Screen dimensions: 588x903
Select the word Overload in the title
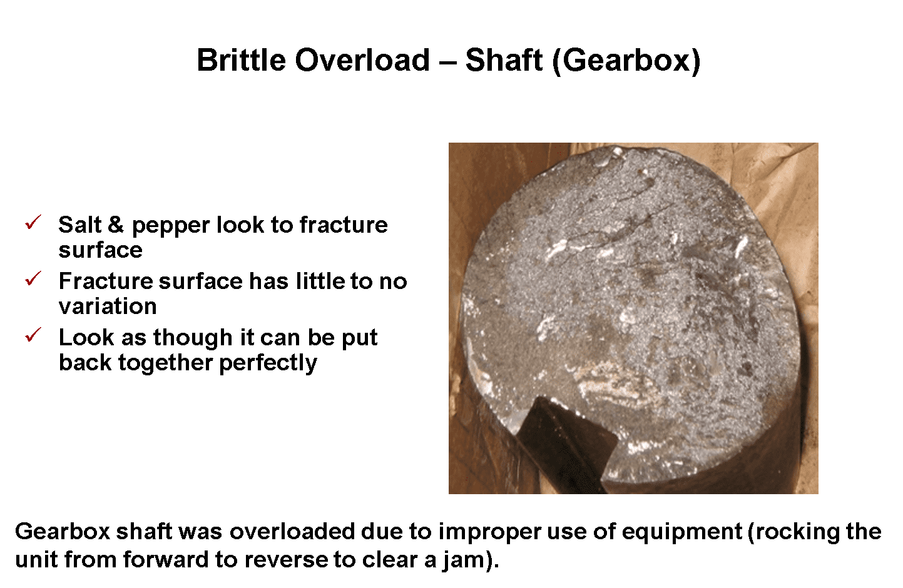point(362,61)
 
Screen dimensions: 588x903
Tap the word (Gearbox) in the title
point(626,61)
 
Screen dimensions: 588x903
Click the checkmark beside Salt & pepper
point(33,222)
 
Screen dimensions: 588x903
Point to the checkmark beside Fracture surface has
point(33,278)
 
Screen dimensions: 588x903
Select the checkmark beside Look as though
point(33,335)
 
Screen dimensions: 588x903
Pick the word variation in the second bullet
point(108,306)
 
